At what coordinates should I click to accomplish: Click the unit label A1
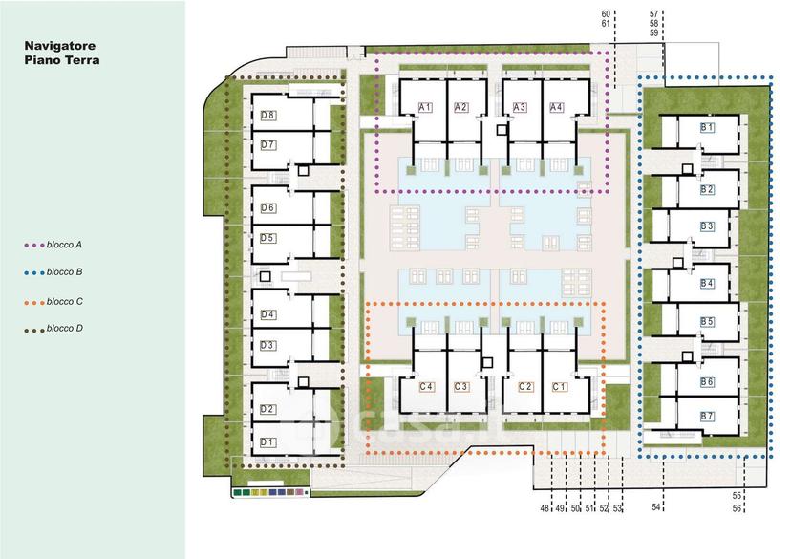pos(425,107)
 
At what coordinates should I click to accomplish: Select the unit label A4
pos(556,107)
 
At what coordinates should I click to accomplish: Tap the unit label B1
pos(707,128)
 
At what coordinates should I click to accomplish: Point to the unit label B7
pos(707,417)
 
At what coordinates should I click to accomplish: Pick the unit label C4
pos(426,387)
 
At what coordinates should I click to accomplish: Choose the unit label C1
pos(559,387)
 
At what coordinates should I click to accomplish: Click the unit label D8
pos(267,115)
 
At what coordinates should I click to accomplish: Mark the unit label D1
pos(267,442)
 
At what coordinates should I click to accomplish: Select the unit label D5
pos(267,238)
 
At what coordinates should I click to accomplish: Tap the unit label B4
pos(707,284)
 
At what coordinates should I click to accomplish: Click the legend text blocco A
pos(64,245)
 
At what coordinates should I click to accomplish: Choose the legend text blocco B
pos(65,272)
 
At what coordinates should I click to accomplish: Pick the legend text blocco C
pos(65,302)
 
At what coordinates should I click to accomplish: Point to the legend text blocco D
pos(65,329)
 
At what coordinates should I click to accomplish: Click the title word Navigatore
pos(60,46)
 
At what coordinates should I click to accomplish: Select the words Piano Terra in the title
pos(62,60)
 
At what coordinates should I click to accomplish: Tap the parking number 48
pos(545,508)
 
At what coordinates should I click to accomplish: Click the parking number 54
pos(655,507)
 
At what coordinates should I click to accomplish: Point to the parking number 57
pos(653,14)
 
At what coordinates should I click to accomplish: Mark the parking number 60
pos(606,14)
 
